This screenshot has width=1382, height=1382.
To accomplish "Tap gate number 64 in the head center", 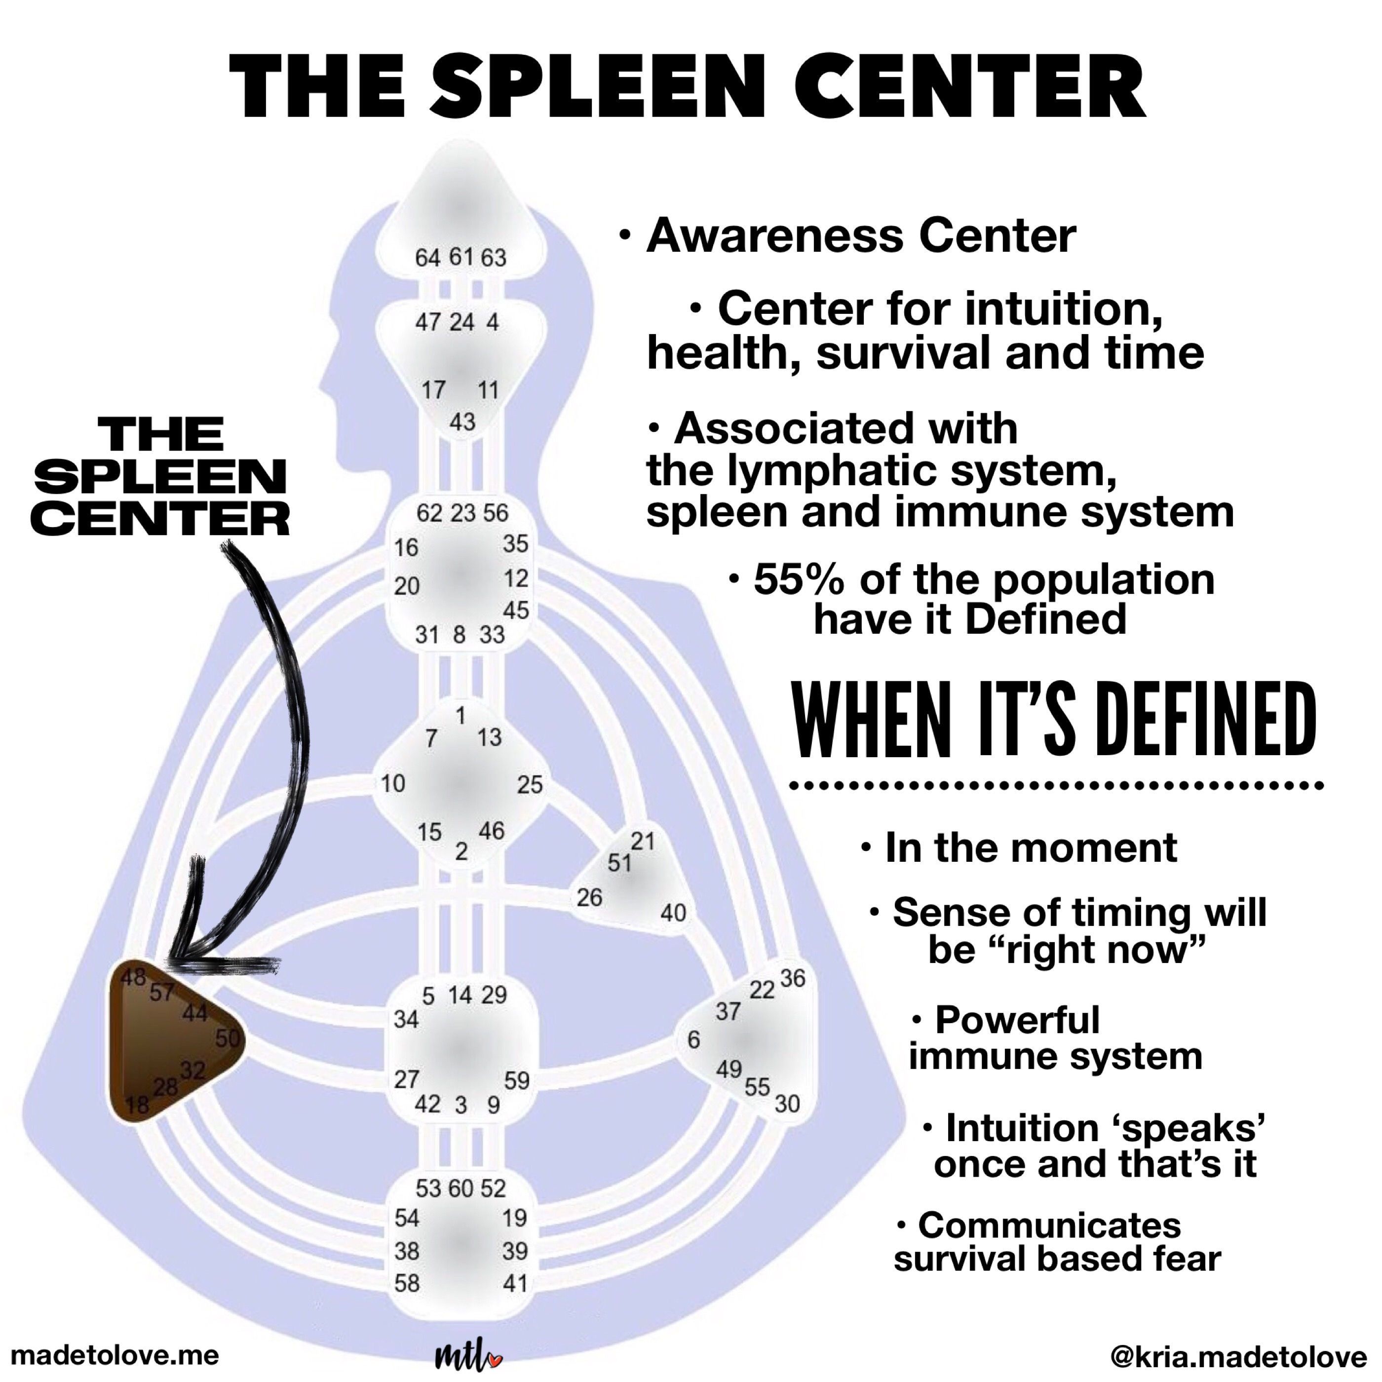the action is click(x=428, y=258).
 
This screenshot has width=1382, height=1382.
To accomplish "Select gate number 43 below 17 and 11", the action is click(x=462, y=422).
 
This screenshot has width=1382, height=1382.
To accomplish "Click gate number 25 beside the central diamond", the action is click(x=530, y=785).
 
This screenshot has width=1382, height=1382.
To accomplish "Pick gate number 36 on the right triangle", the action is click(x=793, y=977).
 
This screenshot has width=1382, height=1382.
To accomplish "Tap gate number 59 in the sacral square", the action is click(x=516, y=1080).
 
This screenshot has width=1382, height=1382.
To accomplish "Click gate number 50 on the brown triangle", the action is click(x=228, y=1038).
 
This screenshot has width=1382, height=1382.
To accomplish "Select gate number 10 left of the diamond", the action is click(x=393, y=783).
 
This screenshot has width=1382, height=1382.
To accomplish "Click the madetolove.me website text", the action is click(x=116, y=1355).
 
